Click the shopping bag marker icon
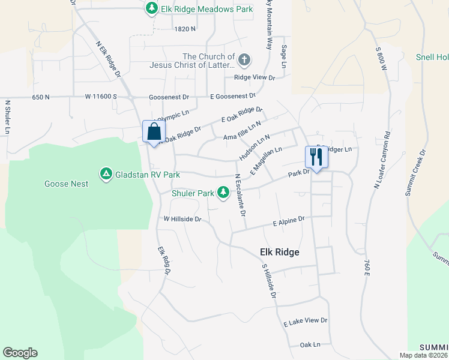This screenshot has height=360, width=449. click(x=154, y=131)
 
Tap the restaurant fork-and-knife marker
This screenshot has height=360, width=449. click(x=316, y=157)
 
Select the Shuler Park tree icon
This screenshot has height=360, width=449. click(x=223, y=192)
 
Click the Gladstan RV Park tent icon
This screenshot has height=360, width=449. click(x=106, y=174)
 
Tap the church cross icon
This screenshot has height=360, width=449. click(x=244, y=59)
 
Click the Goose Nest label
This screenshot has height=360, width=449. click(x=66, y=184)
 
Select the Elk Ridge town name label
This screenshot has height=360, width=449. click(x=279, y=253)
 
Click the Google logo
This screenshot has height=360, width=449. click(x=20, y=353)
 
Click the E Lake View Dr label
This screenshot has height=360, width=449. click(x=306, y=322)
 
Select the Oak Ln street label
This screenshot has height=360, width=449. click(x=310, y=345)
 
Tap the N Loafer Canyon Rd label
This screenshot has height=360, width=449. click(x=382, y=161)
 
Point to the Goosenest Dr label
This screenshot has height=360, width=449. click(x=169, y=97)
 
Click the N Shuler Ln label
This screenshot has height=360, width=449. click(x=8, y=116)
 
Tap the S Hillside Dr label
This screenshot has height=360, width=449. click(x=268, y=281)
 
